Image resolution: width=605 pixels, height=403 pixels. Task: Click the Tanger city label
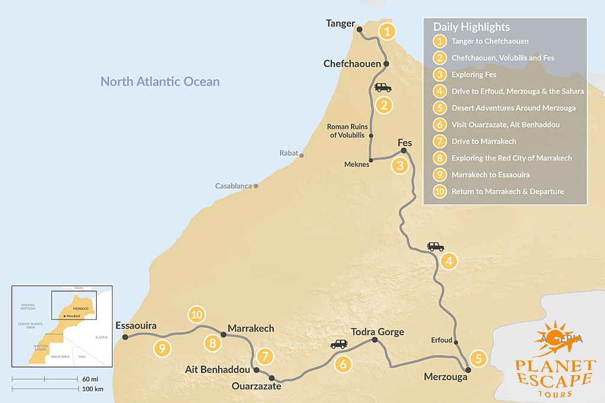click(x=340, y=24)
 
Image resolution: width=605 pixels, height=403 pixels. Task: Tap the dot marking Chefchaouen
click(x=386, y=64)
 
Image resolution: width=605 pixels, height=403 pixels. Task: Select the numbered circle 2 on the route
click(x=384, y=106)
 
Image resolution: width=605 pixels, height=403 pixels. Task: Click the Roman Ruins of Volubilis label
click(x=347, y=131)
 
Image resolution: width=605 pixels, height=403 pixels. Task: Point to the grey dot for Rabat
click(x=302, y=156)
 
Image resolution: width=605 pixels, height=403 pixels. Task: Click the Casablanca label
click(x=233, y=186)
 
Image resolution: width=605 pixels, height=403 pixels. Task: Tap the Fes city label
click(x=405, y=143)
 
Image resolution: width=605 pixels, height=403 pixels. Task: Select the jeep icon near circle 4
click(x=435, y=247)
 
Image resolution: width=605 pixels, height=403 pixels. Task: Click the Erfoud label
click(x=441, y=340)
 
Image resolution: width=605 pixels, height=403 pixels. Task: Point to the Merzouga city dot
click(x=468, y=370)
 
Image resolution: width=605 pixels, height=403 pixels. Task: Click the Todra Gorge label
click(x=378, y=332)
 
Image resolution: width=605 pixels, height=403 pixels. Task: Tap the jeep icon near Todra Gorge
click(x=339, y=344)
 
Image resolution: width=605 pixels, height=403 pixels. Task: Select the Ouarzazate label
click(x=256, y=387)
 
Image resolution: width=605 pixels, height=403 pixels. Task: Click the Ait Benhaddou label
click(x=216, y=369)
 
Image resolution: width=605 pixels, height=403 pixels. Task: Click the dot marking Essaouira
click(x=125, y=338)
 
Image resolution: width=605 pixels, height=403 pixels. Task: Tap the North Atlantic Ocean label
click(x=160, y=81)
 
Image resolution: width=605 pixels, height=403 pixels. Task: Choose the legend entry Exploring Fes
click(x=473, y=75)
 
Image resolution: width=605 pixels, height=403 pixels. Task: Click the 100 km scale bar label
click(x=92, y=389)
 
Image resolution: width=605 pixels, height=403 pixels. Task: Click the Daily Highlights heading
click(x=471, y=27)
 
